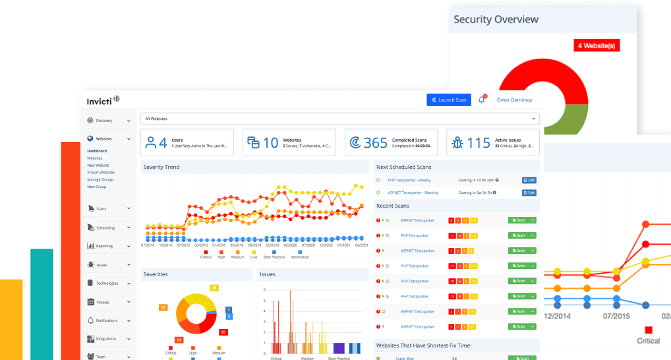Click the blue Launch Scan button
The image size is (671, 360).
[x=449, y=100]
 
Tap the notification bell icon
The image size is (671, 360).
[x=481, y=100]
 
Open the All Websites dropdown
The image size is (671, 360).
[x=339, y=119]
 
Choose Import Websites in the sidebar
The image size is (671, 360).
[x=101, y=173]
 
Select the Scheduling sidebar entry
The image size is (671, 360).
[x=105, y=227]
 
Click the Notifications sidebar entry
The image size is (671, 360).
[x=107, y=320]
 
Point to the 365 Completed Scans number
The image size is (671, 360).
[x=376, y=143]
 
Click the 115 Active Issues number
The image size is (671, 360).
[x=479, y=143]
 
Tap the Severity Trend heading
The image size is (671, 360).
[x=161, y=167]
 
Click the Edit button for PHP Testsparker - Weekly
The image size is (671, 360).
[x=529, y=180]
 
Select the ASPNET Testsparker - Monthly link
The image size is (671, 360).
[x=413, y=193]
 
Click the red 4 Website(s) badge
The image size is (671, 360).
[x=597, y=45]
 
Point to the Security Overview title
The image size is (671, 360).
[x=496, y=19]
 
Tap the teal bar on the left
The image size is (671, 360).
[x=42, y=303]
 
